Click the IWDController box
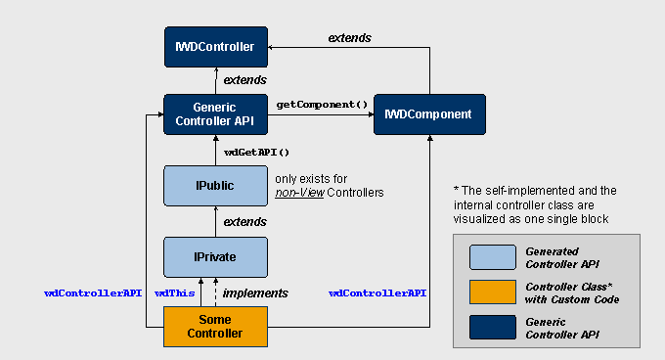(x=216, y=47)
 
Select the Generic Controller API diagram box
(x=215, y=114)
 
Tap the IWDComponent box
(x=429, y=114)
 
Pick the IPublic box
(x=215, y=186)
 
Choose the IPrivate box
(x=215, y=257)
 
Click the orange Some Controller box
(x=215, y=327)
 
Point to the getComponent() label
(x=322, y=105)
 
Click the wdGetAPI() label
(x=256, y=153)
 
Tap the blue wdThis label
(x=174, y=293)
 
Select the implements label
(x=255, y=293)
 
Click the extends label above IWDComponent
(x=349, y=38)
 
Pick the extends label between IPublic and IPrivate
(x=244, y=222)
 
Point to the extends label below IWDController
(x=244, y=79)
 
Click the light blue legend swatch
(x=493, y=257)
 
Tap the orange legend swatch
(x=493, y=292)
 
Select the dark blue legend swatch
(x=493, y=327)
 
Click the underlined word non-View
(x=299, y=193)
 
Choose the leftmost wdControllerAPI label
(x=93, y=293)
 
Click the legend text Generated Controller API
(x=562, y=258)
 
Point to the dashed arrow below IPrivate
(x=215, y=292)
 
